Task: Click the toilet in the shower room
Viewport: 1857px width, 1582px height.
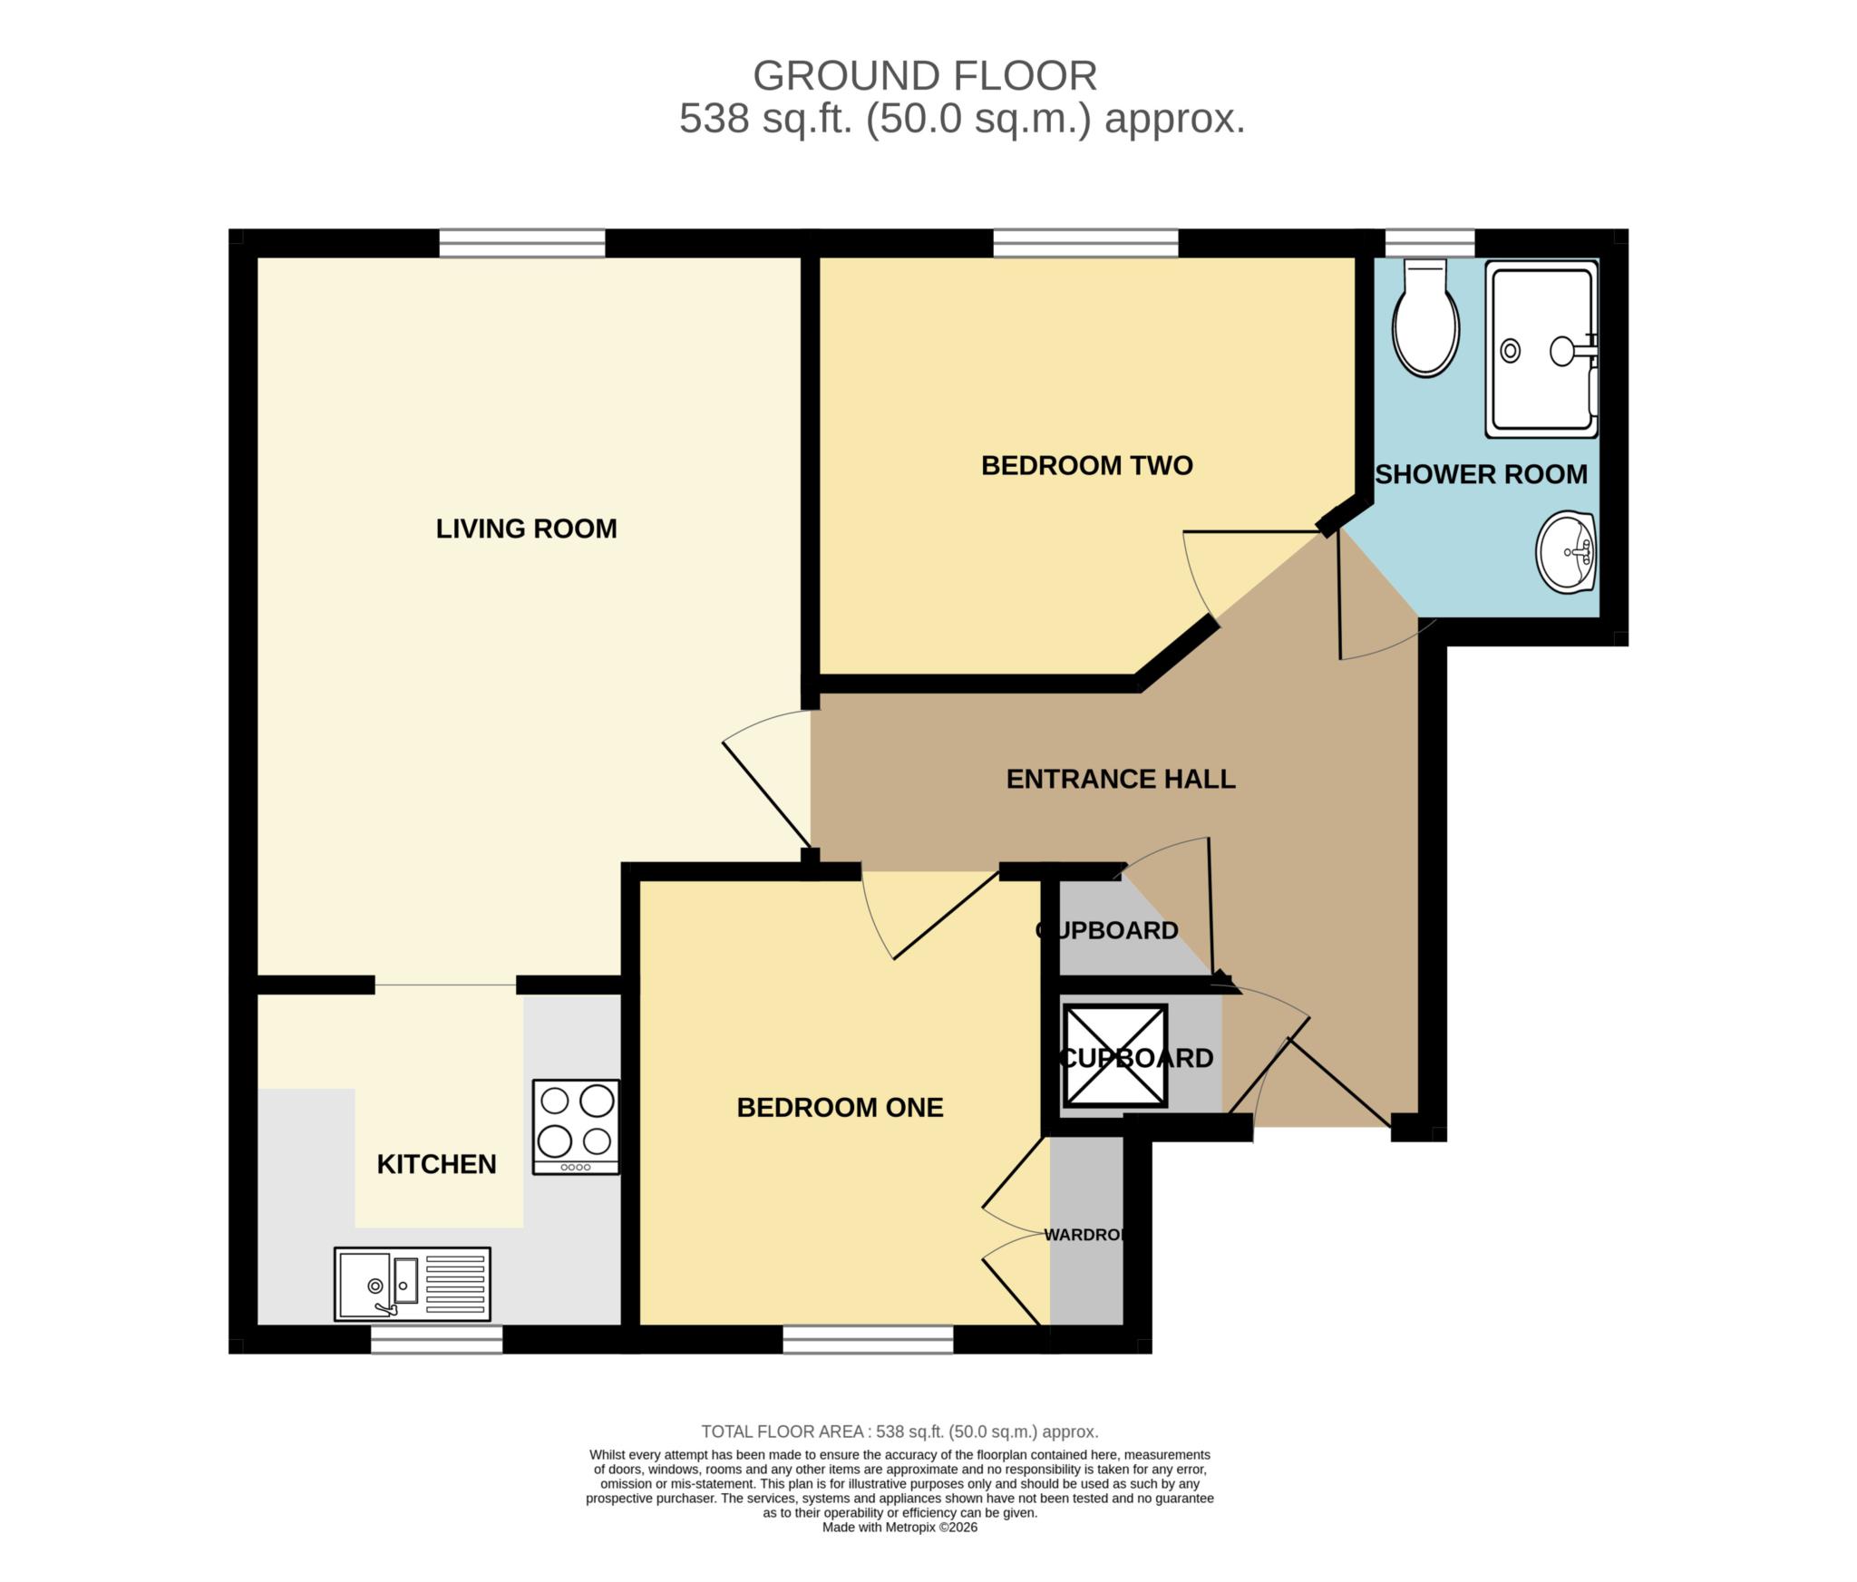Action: (x=1426, y=322)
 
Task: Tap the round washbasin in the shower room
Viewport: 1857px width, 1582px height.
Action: (x=1566, y=551)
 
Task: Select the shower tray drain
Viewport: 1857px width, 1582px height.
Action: (x=1511, y=350)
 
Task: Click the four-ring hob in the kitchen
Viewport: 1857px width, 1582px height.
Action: (x=576, y=1127)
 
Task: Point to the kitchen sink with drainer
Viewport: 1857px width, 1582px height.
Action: (x=413, y=1284)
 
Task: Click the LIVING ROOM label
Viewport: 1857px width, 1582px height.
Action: (x=526, y=529)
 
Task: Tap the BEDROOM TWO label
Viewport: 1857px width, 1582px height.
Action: (x=1086, y=465)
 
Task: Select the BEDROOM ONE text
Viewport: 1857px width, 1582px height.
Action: (x=840, y=1107)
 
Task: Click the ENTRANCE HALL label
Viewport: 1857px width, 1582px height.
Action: (x=1121, y=779)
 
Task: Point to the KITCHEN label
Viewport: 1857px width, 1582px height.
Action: (x=436, y=1164)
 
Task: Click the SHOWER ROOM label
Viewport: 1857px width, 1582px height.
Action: (x=1481, y=474)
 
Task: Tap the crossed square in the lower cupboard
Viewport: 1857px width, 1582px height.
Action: (x=1115, y=1056)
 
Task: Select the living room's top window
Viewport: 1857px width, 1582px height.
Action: (x=522, y=243)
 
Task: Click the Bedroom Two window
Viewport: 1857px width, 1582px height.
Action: (x=1085, y=243)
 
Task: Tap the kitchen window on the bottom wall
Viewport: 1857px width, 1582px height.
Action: (x=436, y=1339)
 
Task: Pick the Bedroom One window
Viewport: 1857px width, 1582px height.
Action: (x=868, y=1339)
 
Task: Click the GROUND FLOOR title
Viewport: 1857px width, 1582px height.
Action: (x=925, y=76)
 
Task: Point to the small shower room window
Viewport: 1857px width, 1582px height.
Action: (x=1430, y=243)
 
